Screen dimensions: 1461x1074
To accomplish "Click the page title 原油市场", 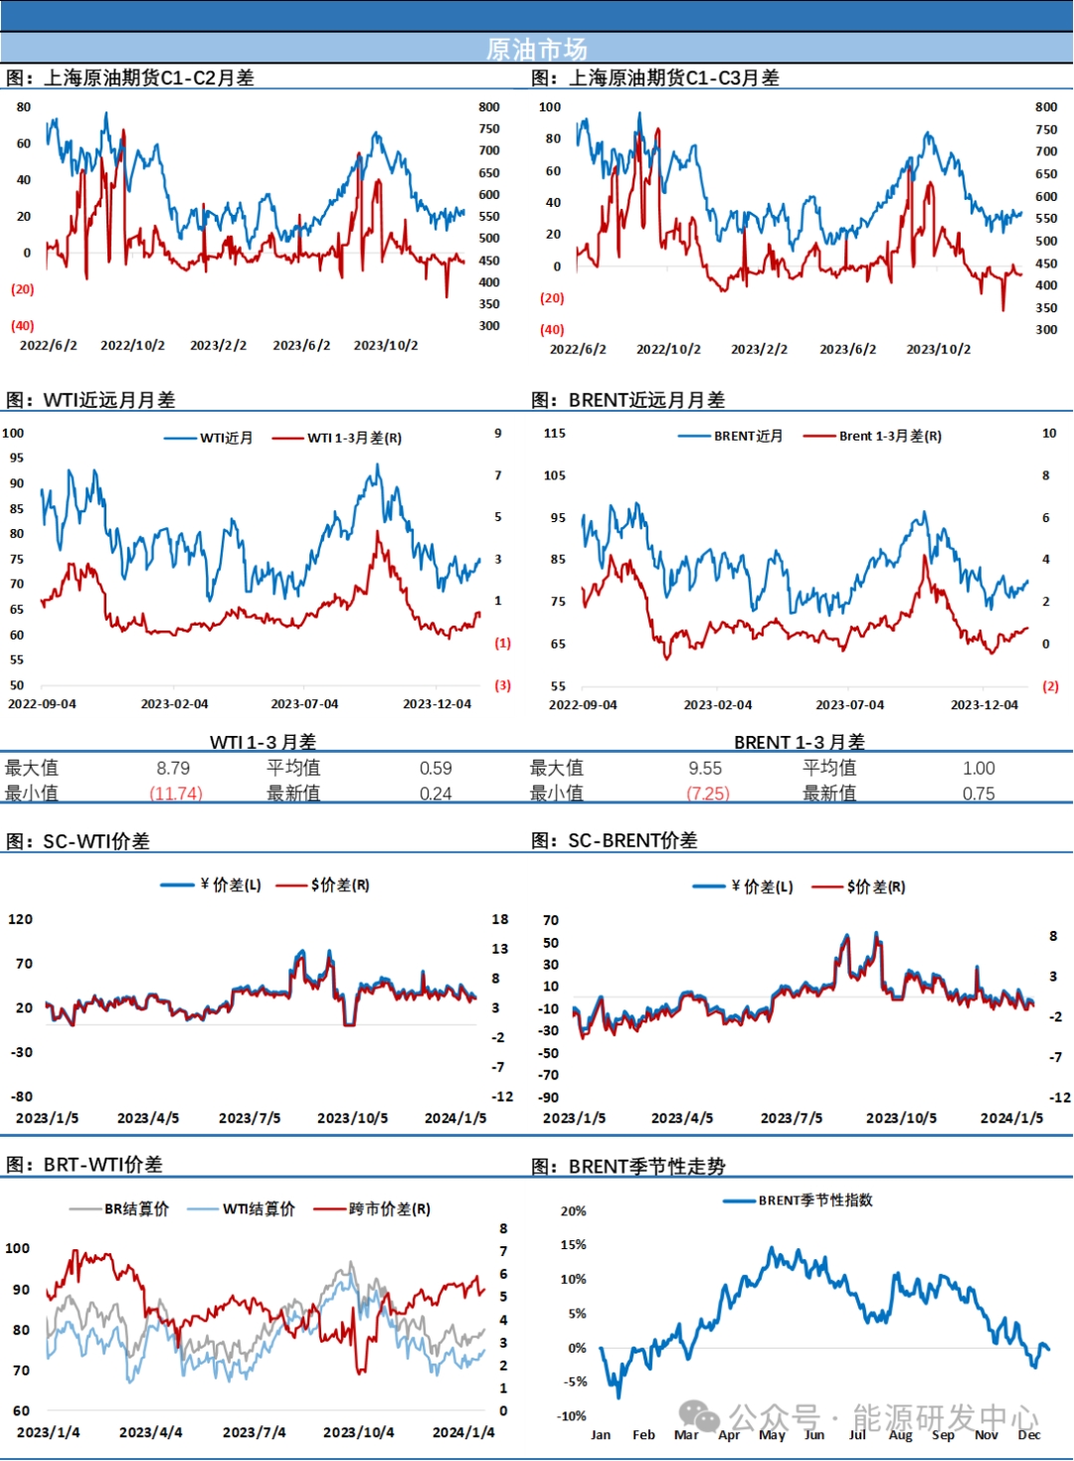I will pyautogui.click(x=536, y=49).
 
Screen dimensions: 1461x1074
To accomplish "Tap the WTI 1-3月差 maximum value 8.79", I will pyautogui.click(x=173, y=768).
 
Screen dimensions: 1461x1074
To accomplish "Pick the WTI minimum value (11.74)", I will pyautogui.click(x=176, y=794).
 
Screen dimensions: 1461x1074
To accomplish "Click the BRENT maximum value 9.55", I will pyautogui.click(x=705, y=768).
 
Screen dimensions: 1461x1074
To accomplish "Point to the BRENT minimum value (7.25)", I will pyautogui.click(x=707, y=794).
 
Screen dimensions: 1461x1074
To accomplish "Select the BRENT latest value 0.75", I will pyautogui.click(x=979, y=794).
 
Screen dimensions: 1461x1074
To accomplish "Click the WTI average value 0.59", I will pyautogui.click(x=436, y=768).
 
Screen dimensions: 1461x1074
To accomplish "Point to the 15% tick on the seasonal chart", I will pyautogui.click(x=574, y=1245).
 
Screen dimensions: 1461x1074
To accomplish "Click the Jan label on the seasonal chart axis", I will pyautogui.click(x=601, y=1435).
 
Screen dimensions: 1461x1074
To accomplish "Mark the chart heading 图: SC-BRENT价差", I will pyautogui.click(x=615, y=840).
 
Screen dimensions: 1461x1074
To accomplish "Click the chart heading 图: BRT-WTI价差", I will pyautogui.click(x=85, y=1165).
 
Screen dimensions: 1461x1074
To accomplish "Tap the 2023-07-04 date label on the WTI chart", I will pyautogui.click(x=304, y=704).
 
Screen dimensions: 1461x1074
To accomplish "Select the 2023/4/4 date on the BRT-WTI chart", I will pyautogui.click(x=150, y=1432).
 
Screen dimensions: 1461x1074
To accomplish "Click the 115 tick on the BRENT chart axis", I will pyautogui.click(x=555, y=434).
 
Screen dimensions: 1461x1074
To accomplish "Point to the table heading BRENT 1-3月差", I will pyautogui.click(x=799, y=742).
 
